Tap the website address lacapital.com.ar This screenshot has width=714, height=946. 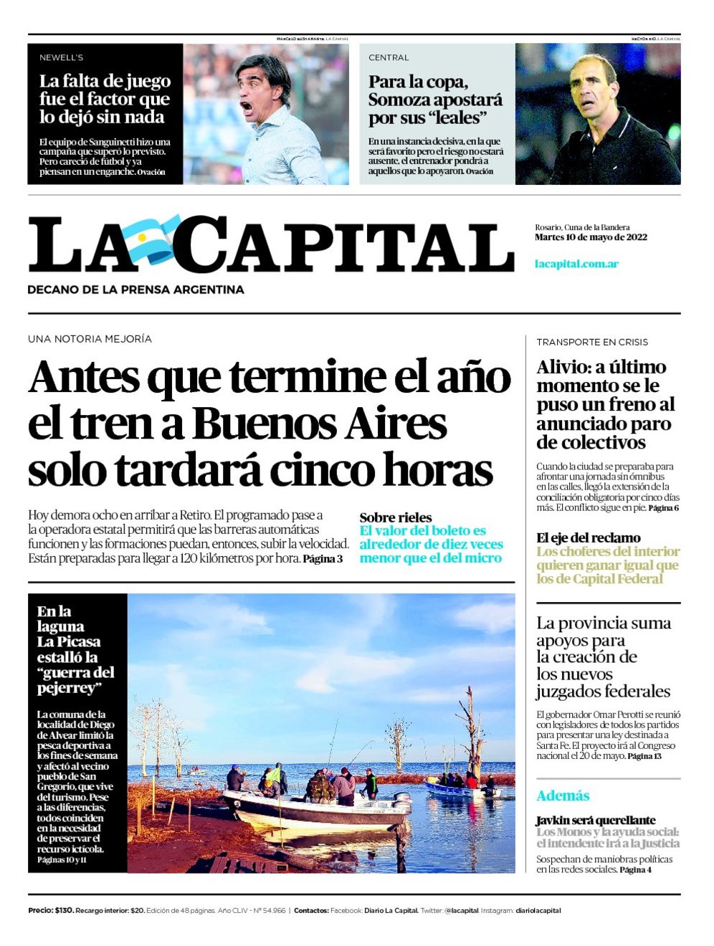pyautogui.click(x=576, y=264)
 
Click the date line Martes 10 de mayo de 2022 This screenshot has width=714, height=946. pyautogui.click(x=591, y=237)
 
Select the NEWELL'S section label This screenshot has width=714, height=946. pyautogui.click(x=61, y=57)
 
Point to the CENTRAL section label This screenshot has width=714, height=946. pyautogui.click(x=389, y=57)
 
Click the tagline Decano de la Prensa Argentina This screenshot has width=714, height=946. pyautogui.click(x=135, y=290)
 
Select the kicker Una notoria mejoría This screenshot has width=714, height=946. pyautogui.click(x=90, y=339)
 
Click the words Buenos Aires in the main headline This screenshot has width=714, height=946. pyautogui.click(x=319, y=424)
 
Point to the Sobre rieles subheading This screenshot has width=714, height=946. pyautogui.click(x=396, y=517)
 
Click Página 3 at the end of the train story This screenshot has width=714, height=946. pyautogui.click(x=323, y=559)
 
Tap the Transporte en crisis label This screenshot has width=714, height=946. pyautogui.click(x=592, y=342)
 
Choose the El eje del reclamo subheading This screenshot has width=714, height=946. pyautogui.click(x=589, y=537)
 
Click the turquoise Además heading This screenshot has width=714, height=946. pyautogui.click(x=563, y=795)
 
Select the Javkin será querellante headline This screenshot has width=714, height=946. pyautogui.click(x=595, y=820)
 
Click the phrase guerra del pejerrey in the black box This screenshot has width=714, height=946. pyautogui.click(x=75, y=680)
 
